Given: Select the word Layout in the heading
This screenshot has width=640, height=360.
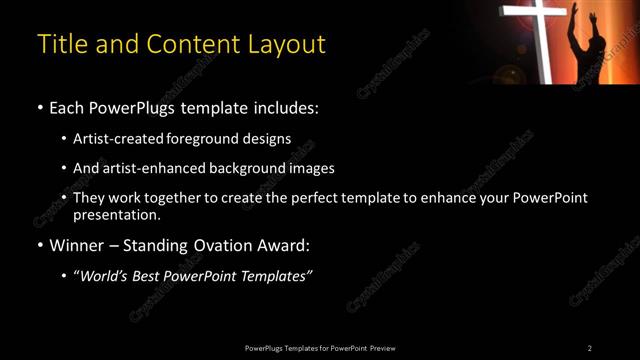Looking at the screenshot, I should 288,44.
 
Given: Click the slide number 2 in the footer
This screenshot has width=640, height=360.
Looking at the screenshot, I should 589,347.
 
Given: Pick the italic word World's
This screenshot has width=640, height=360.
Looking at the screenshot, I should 108,275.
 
